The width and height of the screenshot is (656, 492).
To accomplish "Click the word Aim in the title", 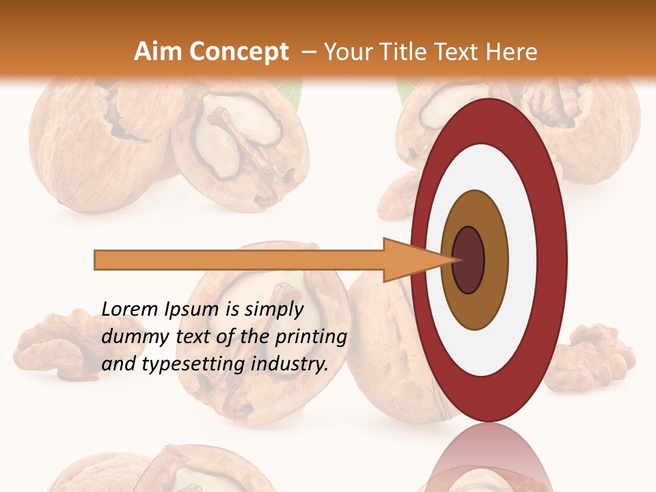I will coord(159,52).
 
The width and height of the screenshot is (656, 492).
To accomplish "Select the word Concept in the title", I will coord(238,52).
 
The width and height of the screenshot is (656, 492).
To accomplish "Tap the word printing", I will coord(310,337).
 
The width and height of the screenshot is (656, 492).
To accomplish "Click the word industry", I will coord(290,364).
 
